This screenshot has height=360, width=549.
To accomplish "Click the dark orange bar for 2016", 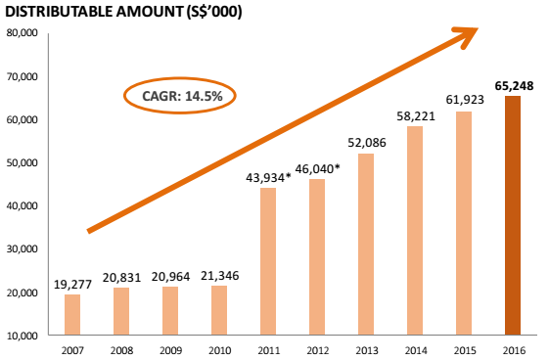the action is coord(513,215).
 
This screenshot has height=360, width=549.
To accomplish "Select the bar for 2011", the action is coord(268,261).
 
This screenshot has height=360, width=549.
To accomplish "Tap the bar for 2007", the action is coord(72,315).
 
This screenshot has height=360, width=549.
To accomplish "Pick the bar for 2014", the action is coord(415,231).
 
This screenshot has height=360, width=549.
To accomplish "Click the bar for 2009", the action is coord(170,311).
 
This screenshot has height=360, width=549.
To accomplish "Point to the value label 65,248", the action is coord(514,86).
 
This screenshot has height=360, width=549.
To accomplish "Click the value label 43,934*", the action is coord(268,178).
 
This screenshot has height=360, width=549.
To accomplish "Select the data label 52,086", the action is coord(367,143).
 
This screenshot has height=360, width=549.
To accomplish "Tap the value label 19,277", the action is coord(72,285).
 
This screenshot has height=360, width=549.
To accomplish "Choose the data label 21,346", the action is coord(219,276).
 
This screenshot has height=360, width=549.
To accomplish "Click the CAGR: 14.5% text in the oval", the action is coord(182,96).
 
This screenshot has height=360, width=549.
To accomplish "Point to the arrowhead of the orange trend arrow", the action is coord(479,28).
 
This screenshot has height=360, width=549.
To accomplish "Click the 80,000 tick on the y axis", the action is coord(22,33).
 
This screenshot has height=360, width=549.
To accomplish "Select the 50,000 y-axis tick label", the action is coord(22,162).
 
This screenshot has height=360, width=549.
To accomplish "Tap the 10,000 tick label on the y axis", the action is coord(22,336).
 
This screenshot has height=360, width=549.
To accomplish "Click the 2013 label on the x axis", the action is coord(367,350).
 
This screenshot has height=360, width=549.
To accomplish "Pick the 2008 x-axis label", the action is coord(122,350).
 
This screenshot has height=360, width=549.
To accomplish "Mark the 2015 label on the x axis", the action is coord(465,350).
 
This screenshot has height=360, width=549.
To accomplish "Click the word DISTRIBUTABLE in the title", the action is coord(59,12).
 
